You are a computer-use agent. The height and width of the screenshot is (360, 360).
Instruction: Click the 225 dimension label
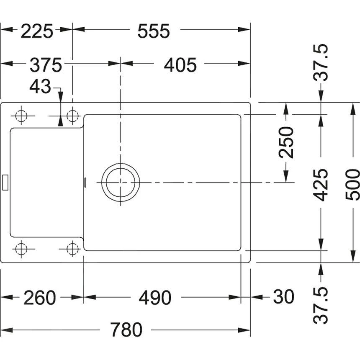37,31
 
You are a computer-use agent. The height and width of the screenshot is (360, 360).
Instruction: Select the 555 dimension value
154,31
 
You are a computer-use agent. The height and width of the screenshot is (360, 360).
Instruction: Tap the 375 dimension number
46,65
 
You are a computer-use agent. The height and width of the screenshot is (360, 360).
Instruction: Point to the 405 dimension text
180,65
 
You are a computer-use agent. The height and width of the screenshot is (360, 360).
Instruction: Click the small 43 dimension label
40,87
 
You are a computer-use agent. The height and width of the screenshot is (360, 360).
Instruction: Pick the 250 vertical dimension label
287,142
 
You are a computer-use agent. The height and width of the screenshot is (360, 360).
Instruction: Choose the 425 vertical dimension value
321,185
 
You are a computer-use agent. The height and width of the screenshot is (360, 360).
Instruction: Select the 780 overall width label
126,330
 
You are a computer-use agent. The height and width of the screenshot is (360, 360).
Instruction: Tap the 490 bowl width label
155,298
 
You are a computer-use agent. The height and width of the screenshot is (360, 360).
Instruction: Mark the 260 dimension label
39,298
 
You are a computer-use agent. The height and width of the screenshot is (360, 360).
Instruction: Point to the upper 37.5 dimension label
321,63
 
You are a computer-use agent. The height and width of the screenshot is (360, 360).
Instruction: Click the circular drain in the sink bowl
121,183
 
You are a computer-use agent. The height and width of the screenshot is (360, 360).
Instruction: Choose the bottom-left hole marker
21,249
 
